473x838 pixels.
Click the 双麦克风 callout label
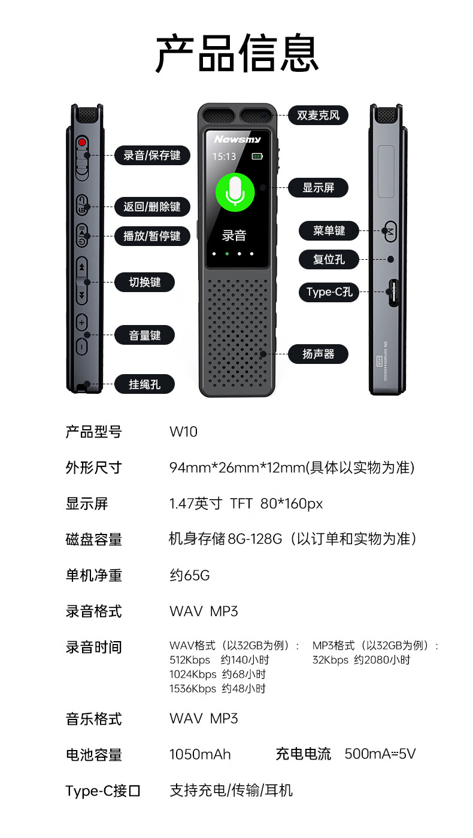click(x=318, y=116)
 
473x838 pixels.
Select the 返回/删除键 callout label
click(x=152, y=207)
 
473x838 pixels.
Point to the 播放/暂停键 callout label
click(x=152, y=236)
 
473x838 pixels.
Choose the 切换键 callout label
click(x=145, y=282)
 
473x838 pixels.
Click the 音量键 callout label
click(x=145, y=335)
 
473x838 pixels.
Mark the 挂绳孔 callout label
click(x=145, y=384)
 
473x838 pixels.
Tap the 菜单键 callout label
click(x=329, y=230)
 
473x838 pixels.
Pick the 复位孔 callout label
click(x=329, y=260)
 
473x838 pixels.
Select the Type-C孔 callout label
click(x=329, y=292)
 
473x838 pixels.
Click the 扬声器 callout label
click(x=318, y=354)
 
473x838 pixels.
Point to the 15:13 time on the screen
click(x=224, y=157)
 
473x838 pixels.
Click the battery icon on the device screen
click(x=257, y=157)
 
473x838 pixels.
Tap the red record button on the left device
click(x=82, y=142)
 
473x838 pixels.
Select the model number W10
click(x=183, y=432)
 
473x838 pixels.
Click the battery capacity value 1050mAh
click(x=200, y=754)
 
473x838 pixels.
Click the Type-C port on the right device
click(x=393, y=293)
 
